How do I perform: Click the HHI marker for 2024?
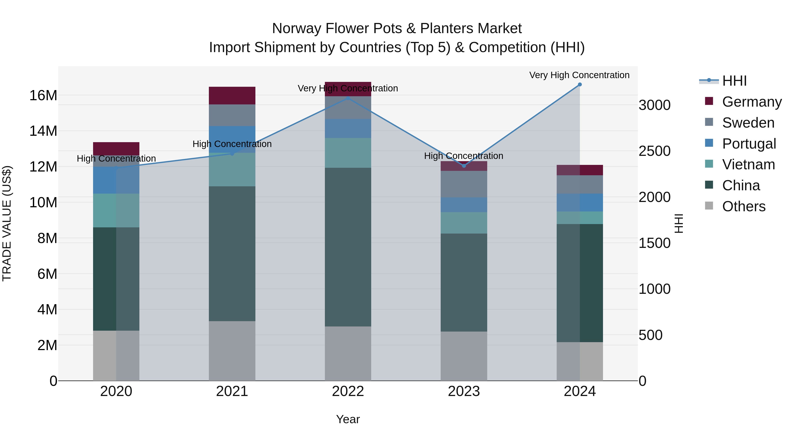pyautogui.click(x=579, y=85)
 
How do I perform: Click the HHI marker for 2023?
pyautogui.click(x=464, y=166)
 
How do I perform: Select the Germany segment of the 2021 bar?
pyautogui.click(x=232, y=96)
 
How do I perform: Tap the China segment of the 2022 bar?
pyautogui.click(x=348, y=247)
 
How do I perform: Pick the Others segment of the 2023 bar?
pyautogui.click(x=464, y=356)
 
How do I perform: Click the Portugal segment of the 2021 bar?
pyautogui.click(x=232, y=139)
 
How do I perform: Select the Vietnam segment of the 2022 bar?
pyautogui.click(x=348, y=153)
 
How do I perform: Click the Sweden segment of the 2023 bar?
pyautogui.click(x=464, y=184)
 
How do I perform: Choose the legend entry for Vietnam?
pyautogui.click(x=748, y=164)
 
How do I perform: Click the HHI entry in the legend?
pyautogui.click(x=734, y=81)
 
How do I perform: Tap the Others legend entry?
pyautogui.click(x=743, y=206)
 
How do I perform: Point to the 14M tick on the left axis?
pyautogui.click(x=43, y=131)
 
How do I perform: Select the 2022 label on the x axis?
pyautogui.click(x=348, y=391)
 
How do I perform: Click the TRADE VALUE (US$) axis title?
pyautogui.click(x=7, y=223)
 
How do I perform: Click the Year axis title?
pyautogui.click(x=348, y=419)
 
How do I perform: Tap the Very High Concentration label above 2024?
pyautogui.click(x=579, y=75)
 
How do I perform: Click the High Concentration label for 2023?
pyautogui.click(x=464, y=156)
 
